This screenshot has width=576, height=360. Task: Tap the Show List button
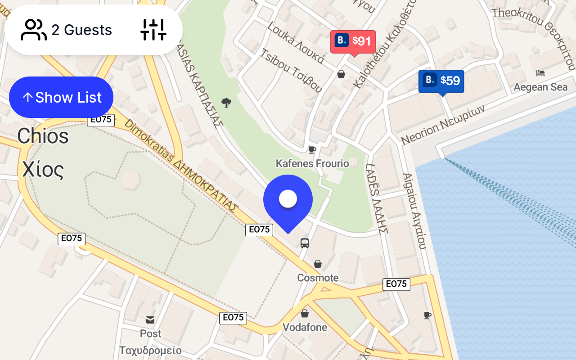61,97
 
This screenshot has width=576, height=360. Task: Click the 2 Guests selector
67,30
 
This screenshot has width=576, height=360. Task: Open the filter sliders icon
153,30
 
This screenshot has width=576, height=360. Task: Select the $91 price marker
353,41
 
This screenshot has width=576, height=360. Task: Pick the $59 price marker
441,81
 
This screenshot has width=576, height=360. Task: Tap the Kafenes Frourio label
312,163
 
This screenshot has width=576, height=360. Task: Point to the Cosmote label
318,278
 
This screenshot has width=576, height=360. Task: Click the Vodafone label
305,327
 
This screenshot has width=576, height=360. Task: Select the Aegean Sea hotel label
540,87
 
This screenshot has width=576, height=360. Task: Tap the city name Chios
43,136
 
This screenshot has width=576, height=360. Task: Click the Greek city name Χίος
43,170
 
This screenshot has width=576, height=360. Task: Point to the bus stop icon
305,243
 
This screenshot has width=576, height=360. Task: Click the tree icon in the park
226,103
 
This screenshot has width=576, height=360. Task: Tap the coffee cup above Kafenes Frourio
312,149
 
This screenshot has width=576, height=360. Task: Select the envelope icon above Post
150,320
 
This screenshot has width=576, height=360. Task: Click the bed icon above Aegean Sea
540,73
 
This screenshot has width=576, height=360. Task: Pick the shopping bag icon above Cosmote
318,264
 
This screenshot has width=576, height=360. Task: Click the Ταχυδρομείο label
150,350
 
